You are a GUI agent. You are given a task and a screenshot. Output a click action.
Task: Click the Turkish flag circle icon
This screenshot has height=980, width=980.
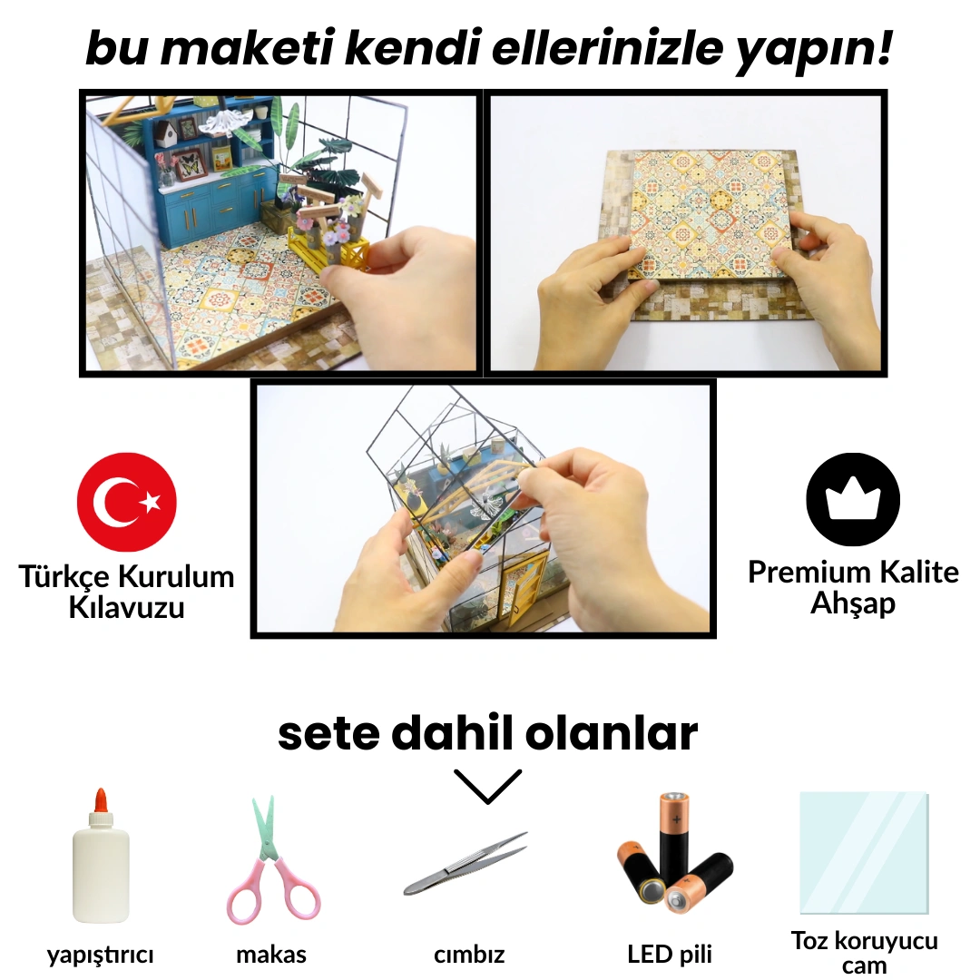tap(127, 502)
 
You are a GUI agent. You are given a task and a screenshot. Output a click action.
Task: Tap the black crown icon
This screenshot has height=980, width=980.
tap(852, 500)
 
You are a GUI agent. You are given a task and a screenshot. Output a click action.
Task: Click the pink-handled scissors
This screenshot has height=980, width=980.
tap(273, 860)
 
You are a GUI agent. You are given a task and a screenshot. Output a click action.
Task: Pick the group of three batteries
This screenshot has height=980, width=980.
tap(674, 853)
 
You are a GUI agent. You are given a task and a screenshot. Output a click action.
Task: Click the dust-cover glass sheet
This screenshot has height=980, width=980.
tap(865, 853)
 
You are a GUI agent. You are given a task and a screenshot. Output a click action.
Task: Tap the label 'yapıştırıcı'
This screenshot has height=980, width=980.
tap(100, 955)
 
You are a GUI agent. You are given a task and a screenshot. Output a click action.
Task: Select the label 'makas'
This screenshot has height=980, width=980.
tap(271, 955)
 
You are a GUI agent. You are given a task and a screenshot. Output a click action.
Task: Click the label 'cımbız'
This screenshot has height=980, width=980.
tap(469, 955)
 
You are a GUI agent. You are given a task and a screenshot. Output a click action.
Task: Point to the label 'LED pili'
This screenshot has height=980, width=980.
tap(670, 954)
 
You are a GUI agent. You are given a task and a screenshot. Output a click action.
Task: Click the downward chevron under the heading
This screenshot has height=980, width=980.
tap(487, 786)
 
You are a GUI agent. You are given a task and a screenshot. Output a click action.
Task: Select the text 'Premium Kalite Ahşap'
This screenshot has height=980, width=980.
tap(853, 587)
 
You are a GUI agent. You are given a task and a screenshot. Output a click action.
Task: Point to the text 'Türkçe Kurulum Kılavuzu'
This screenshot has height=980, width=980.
tap(126, 592)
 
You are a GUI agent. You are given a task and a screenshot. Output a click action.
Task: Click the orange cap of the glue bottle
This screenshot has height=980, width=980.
tap(101, 800)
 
